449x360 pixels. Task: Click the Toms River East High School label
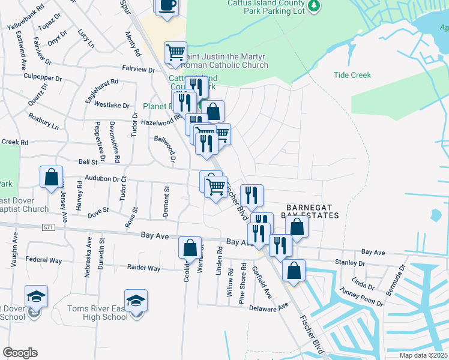pyautogui.click(x=97, y=313)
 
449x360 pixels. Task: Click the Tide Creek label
pyautogui.click(x=352, y=76)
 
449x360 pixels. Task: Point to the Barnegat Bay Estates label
pyautogui.click(x=312, y=209)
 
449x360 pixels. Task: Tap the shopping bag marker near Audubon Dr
pyautogui.click(x=52, y=176)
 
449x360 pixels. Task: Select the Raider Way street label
pyautogui.click(x=143, y=268)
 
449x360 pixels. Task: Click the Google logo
pyautogui.click(x=20, y=353)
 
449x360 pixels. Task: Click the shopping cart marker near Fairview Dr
pyautogui.click(x=175, y=52)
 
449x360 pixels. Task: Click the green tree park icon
pyautogui.click(x=313, y=6)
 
